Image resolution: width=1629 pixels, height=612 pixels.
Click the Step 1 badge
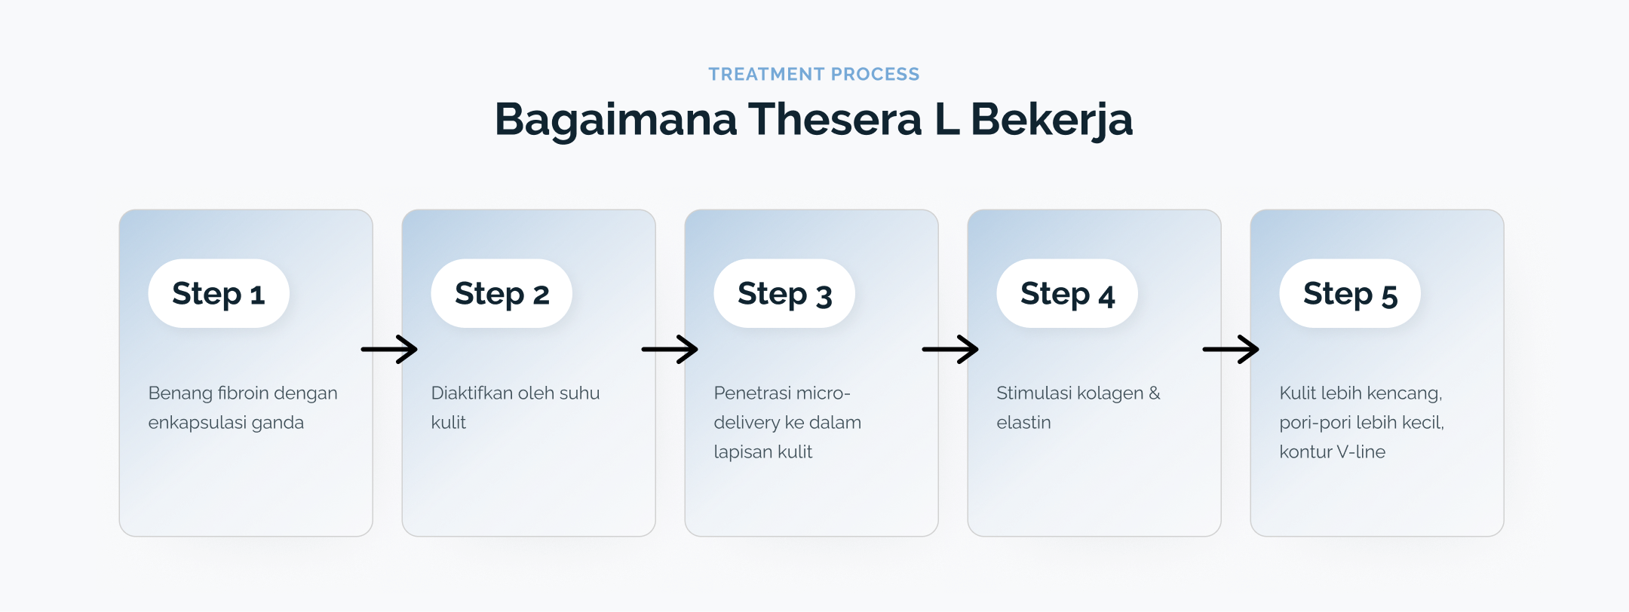219,293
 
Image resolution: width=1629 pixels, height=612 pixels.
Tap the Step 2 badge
502,293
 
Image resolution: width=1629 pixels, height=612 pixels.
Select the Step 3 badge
784,293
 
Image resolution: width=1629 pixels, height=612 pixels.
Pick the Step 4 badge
1067,293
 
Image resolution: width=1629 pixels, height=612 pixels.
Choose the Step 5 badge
1350,293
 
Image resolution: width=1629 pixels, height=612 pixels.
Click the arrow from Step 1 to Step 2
389,349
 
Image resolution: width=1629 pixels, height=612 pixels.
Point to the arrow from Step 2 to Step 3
670,349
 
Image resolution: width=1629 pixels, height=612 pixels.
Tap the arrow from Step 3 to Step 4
950,349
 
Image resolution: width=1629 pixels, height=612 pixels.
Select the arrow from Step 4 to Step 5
1231,349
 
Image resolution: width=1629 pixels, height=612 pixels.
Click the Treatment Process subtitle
814,74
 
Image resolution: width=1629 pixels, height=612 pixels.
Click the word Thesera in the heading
835,119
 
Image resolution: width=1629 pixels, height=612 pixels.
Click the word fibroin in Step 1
242,393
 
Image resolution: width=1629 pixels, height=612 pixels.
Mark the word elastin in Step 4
1023,422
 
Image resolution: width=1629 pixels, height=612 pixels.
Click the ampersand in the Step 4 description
1155,393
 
